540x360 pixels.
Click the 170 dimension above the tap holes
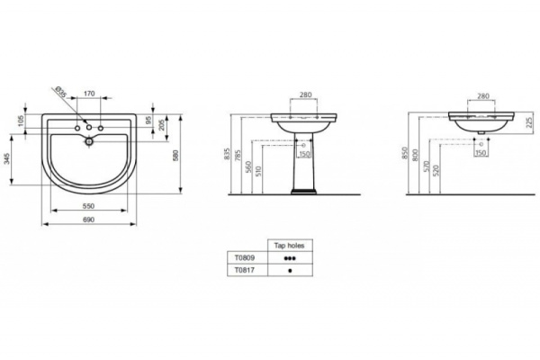(89, 93)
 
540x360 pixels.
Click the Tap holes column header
(290, 245)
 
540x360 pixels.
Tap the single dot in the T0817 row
(290, 268)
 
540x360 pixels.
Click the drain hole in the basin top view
(89, 139)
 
